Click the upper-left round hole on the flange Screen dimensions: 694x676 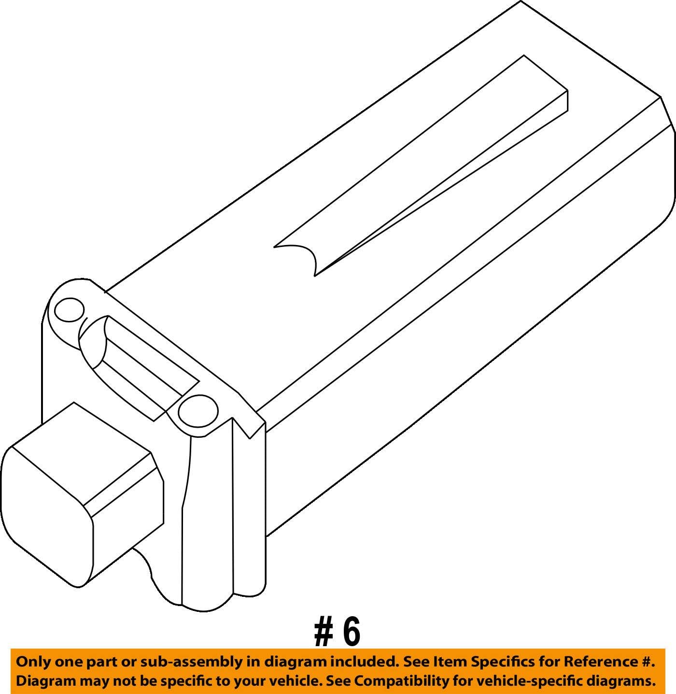pos(70,310)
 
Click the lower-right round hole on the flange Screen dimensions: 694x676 pos(198,411)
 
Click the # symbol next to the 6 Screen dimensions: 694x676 pos(323,632)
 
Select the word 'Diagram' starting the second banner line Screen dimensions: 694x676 pos(45,681)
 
